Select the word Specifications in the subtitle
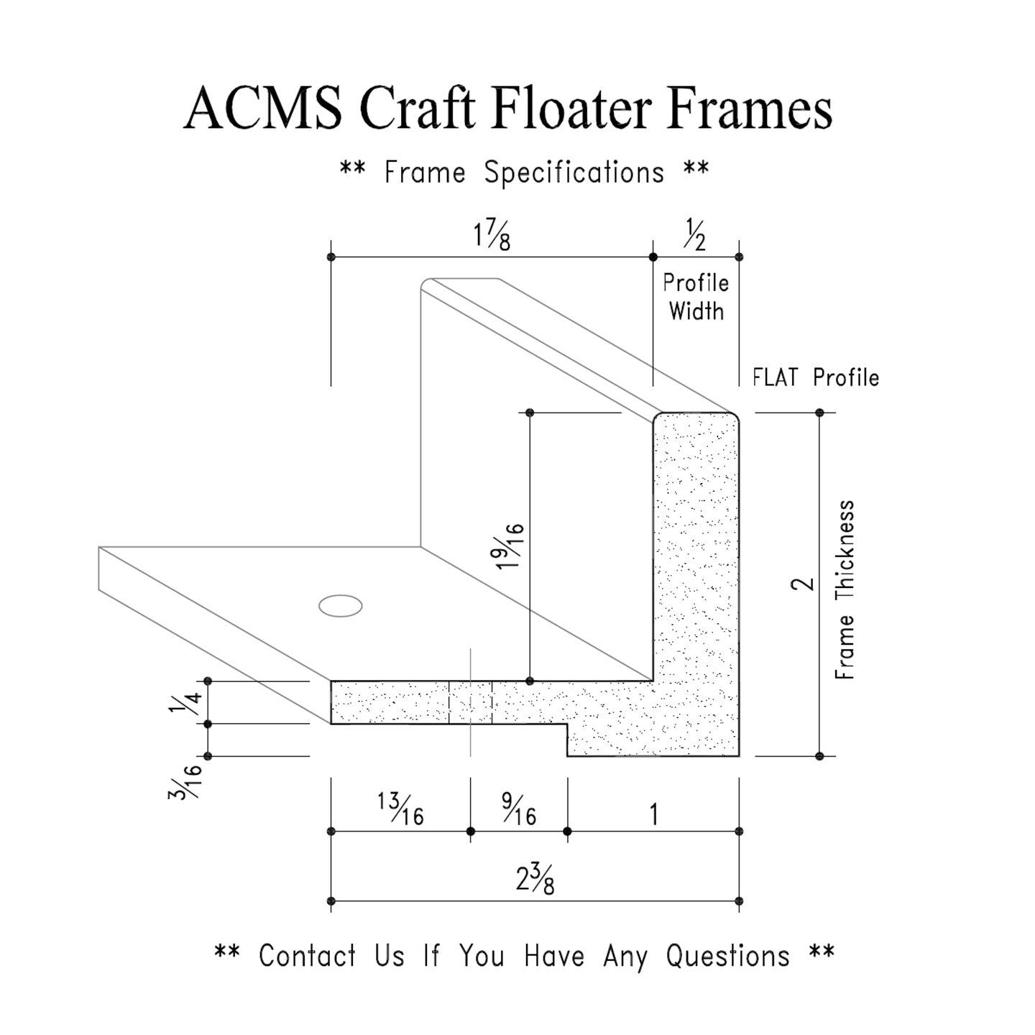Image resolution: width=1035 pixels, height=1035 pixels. [x=574, y=173]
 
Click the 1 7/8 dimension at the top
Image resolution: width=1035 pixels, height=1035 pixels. [x=492, y=236]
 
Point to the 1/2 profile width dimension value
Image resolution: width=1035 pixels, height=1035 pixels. [x=694, y=236]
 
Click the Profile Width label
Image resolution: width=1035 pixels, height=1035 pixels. [x=695, y=297]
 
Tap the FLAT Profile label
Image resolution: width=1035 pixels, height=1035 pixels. [x=816, y=377]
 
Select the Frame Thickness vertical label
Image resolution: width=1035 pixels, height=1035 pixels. [x=845, y=589]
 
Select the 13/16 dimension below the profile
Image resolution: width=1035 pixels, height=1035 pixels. [x=400, y=809]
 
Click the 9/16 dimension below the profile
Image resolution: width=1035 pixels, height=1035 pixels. [x=518, y=809]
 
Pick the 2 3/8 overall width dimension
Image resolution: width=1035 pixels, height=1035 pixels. [x=535, y=879]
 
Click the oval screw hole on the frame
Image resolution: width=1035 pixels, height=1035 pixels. [x=340, y=606]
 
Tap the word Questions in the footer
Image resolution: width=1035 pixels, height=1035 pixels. [x=727, y=956]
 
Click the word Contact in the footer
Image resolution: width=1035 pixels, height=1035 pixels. [x=307, y=956]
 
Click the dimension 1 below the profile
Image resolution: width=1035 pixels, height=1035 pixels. [x=653, y=814]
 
